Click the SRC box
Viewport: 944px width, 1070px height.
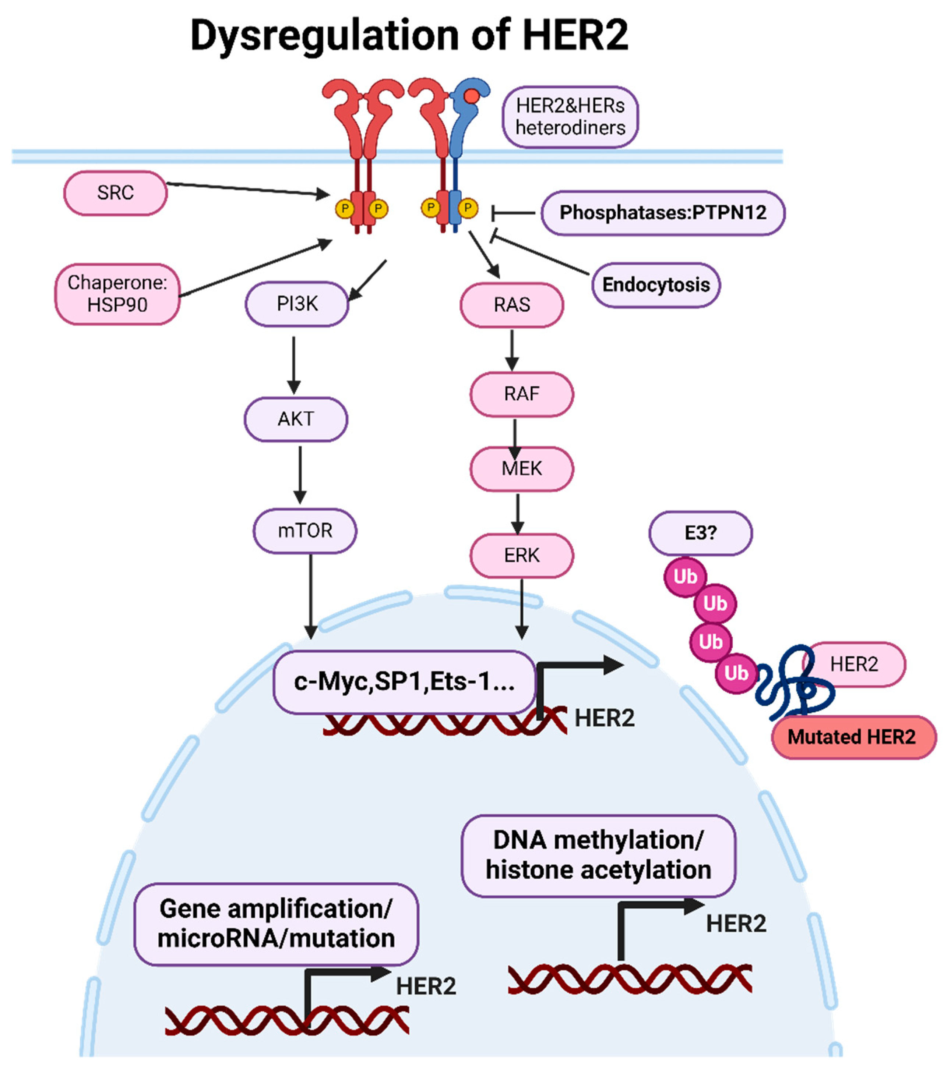tap(115, 193)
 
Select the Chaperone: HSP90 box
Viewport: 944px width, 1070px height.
tap(117, 294)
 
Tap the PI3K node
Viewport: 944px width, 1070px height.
tap(297, 304)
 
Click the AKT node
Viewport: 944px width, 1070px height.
tap(296, 419)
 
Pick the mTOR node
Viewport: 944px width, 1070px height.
tap(305, 530)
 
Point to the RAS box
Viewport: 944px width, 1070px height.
tap(512, 305)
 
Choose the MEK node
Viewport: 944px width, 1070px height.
tap(522, 468)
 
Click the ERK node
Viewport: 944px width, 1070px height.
tap(522, 555)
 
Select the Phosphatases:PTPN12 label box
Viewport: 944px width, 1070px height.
tap(663, 213)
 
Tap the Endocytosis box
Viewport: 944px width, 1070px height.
tap(656, 285)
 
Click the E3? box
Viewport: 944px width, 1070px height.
tap(700, 533)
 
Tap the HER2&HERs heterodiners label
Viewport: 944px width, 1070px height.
tap(570, 117)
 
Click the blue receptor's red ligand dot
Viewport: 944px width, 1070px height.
tap(472, 96)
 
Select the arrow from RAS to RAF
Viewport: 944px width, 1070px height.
tap(512, 349)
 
